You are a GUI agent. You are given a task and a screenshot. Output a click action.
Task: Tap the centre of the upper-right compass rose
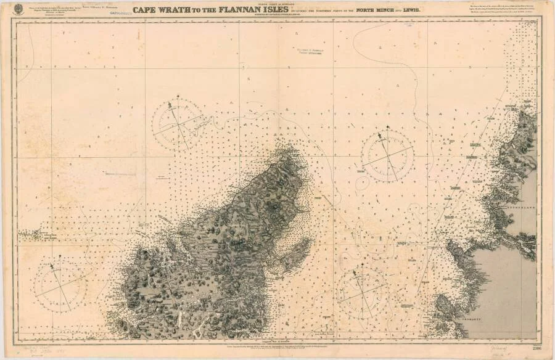(x=387, y=155)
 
